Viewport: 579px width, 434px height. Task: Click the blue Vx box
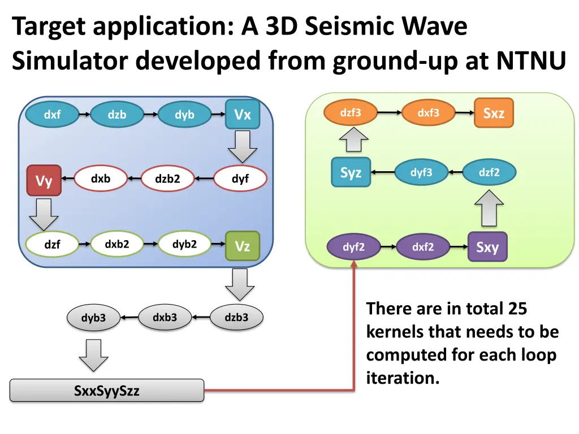tap(243, 115)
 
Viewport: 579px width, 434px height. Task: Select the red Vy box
tap(44, 181)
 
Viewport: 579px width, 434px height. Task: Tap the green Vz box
tap(243, 246)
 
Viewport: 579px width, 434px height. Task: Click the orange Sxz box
tap(494, 113)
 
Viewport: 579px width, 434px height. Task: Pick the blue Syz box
tap(351, 173)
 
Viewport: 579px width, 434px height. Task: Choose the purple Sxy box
tap(487, 247)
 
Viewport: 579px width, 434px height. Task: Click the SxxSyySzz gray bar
tap(107, 390)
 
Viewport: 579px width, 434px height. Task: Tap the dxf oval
tap(52, 115)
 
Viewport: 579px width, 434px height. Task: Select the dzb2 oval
tap(167, 180)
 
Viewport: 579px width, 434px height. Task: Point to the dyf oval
tap(240, 180)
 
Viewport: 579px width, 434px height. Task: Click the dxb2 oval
tap(117, 245)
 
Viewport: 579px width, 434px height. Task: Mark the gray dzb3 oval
tap(236, 318)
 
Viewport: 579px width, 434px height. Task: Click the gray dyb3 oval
tap(93, 318)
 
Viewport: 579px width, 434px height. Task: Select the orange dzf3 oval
tap(351, 113)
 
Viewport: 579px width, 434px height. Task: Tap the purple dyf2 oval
tap(354, 247)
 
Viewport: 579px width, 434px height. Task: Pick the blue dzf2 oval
tap(489, 173)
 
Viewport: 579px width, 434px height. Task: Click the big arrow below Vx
tap(243, 147)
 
